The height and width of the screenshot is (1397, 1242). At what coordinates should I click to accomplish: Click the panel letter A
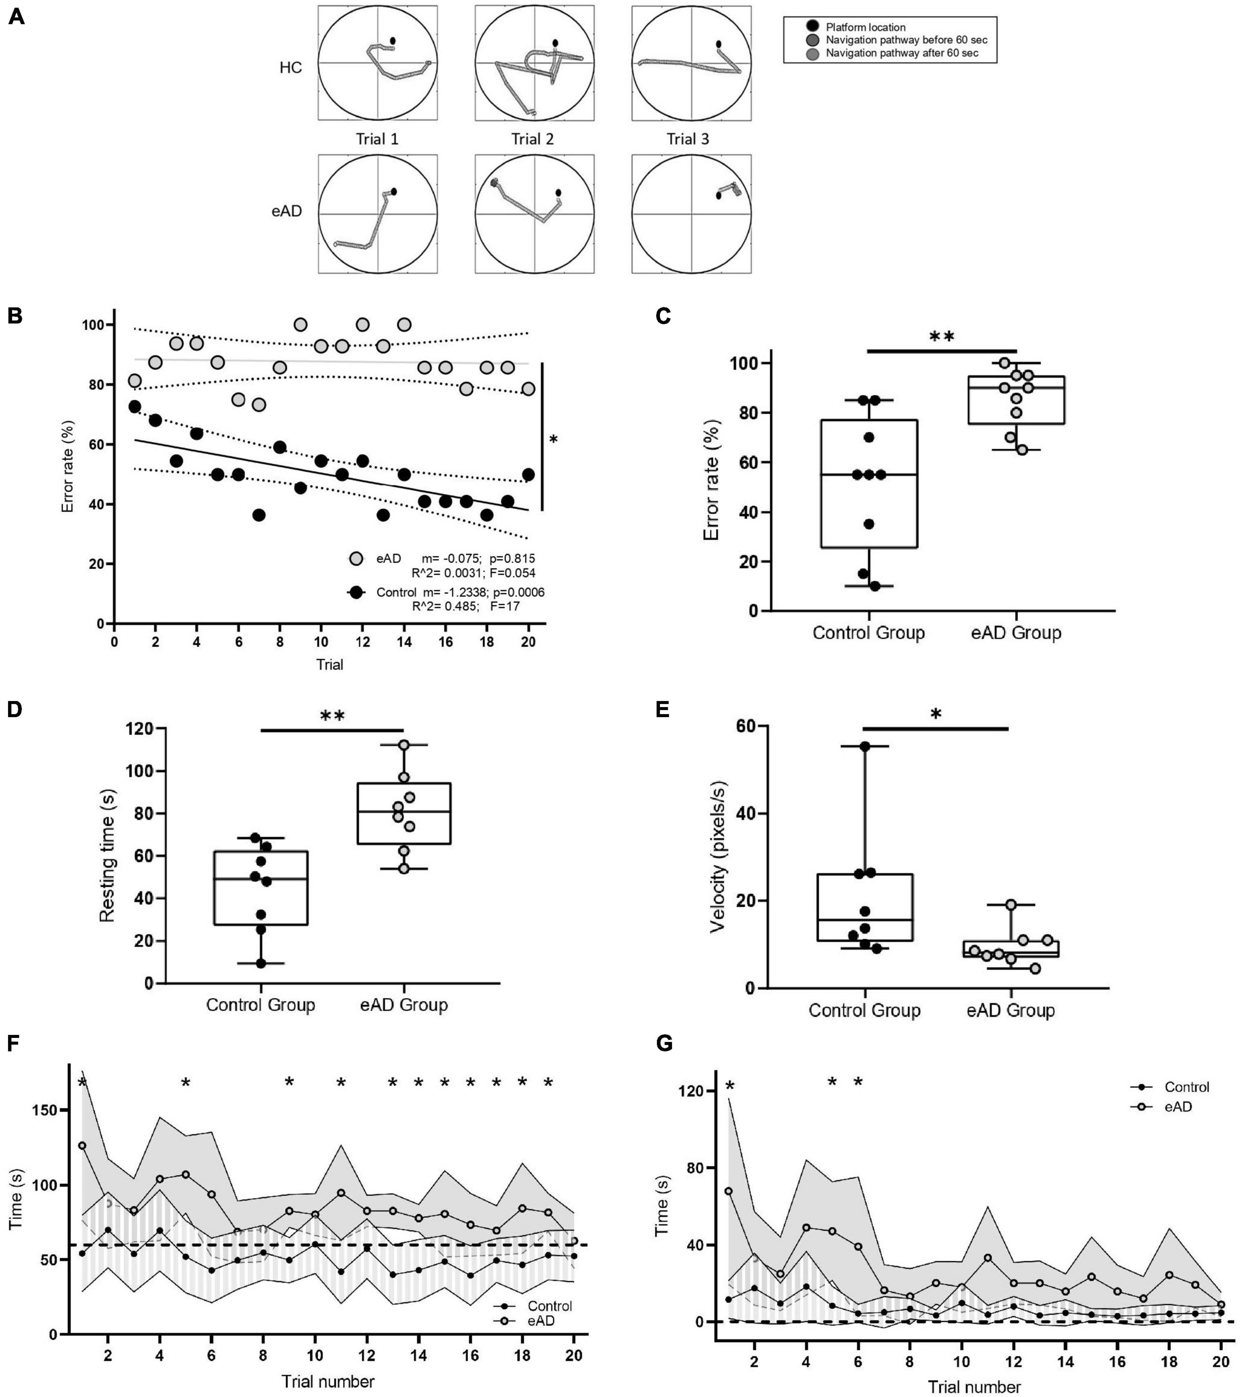click(x=16, y=17)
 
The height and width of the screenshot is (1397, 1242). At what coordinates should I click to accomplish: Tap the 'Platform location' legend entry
click(x=865, y=27)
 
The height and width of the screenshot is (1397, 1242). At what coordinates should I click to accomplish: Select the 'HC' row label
click(x=291, y=68)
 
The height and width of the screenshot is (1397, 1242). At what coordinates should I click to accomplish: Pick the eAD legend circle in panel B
click(x=355, y=559)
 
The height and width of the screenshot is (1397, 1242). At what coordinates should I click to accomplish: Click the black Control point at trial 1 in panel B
click(x=135, y=407)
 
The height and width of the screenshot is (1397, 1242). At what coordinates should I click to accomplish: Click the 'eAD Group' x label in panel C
click(x=1016, y=633)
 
